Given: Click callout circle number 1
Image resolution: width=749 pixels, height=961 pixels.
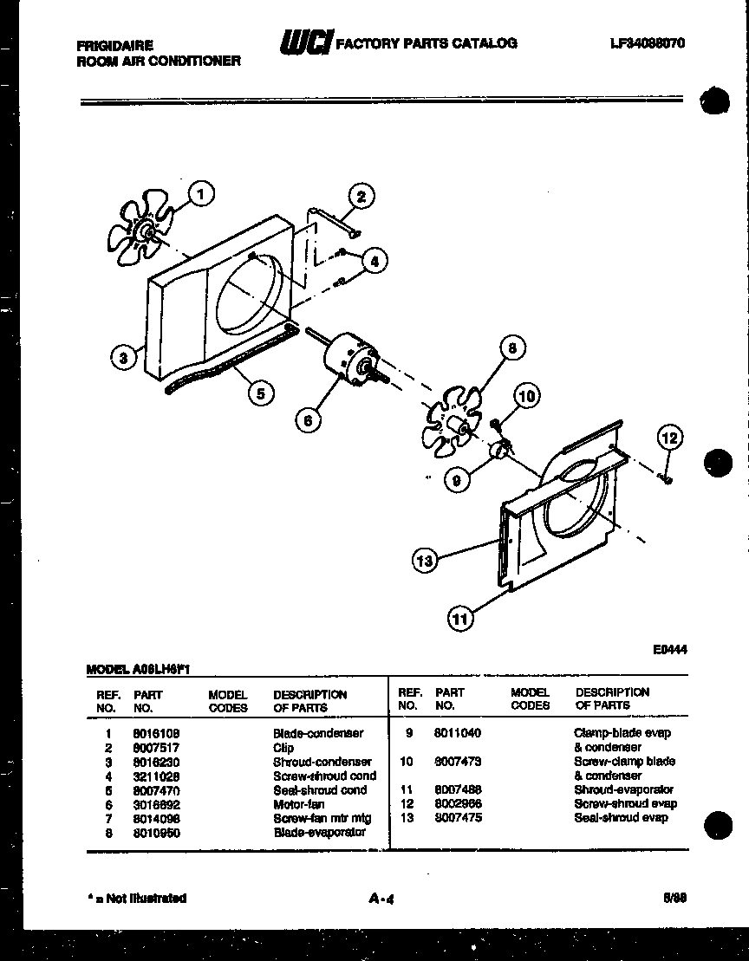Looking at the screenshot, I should (201, 194).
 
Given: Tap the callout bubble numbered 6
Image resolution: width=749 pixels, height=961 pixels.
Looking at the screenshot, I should (307, 420).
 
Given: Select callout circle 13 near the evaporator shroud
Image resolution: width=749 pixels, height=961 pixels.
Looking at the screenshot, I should (424, 562).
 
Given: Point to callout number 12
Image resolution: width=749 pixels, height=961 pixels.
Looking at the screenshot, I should (670, 438).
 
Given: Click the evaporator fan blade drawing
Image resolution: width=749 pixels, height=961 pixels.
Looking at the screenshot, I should (452, 419).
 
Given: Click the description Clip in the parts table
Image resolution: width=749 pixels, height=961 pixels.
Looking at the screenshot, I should (283, 747).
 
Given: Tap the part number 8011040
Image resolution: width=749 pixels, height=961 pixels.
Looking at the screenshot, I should (457, 733).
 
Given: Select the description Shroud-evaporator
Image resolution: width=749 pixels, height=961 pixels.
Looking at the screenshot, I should (623, 789).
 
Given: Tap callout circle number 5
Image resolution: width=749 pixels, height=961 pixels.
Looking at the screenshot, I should (257, 393).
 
